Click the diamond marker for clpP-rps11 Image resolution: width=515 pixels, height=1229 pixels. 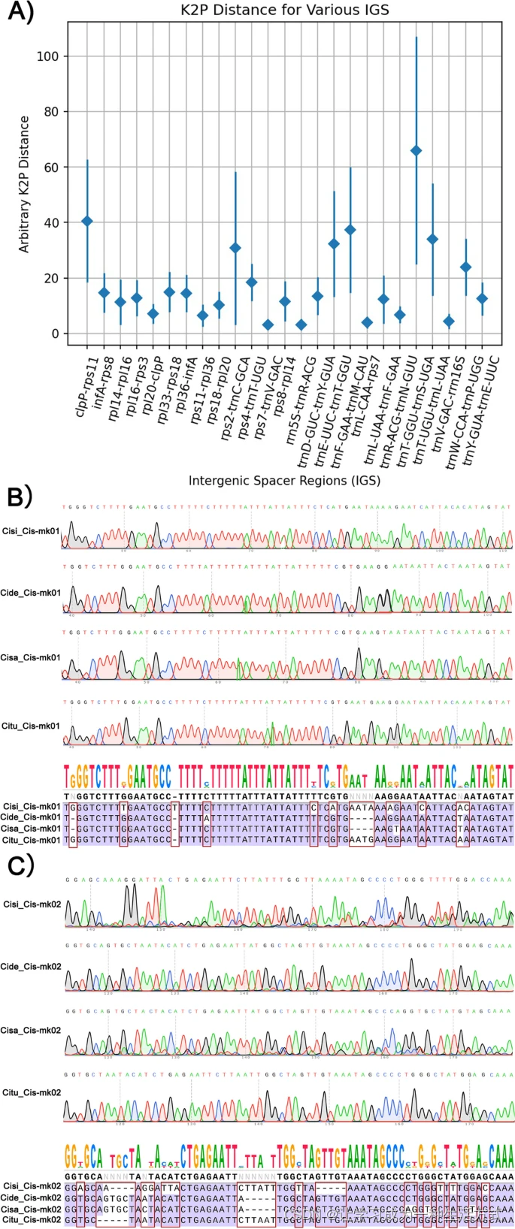tap(87, 221)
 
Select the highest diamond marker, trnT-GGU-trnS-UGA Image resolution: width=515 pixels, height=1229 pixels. tap(416, 151)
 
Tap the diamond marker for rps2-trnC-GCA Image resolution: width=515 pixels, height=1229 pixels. tap(235, 248)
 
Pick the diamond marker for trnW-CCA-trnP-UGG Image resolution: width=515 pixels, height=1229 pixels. tap(465, 267)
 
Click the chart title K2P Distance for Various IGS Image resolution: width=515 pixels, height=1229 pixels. tap(285, 10)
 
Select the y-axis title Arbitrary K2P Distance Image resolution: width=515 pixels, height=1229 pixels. tap(25, 184)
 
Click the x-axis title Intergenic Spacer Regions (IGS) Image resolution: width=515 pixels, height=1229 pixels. tap(284, 480)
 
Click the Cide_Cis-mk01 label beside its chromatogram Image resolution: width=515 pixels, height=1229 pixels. tap(31, 593)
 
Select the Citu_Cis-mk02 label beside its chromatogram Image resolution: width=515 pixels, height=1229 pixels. tap(32, 1092)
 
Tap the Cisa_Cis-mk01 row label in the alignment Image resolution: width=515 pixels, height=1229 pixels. tap(31, 828)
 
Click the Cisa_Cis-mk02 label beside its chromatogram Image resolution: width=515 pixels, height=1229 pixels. tap(31, 1030)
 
